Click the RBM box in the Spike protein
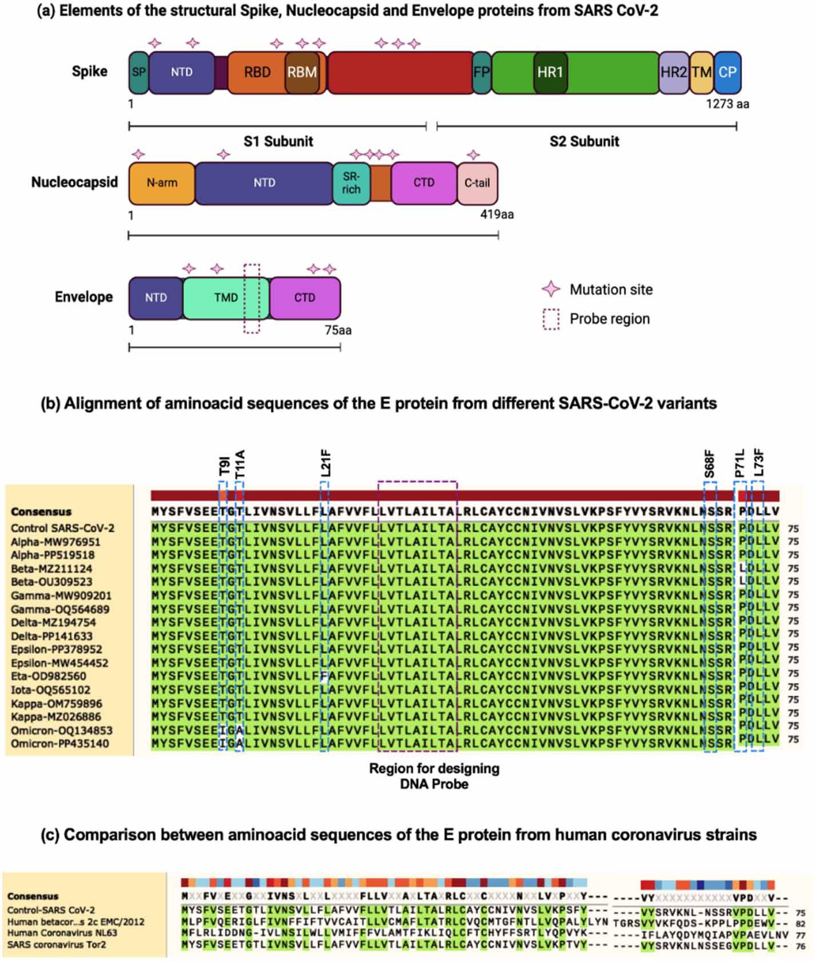pos(302,73)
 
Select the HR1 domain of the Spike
pos(550,73)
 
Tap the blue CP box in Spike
pos(727,73)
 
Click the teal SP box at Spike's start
pos(138,73)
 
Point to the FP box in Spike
pos(482,73)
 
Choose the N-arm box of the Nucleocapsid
pos(162,183)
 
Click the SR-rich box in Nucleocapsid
pos(351,183)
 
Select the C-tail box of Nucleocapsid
pos(477,183)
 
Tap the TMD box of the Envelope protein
pos(226,298)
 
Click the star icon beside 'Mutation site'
pos(551,289)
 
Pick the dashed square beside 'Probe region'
pos(551,319)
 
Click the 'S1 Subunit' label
pos(278,141)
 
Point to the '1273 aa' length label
pos(727,104)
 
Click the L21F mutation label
pos(325,463)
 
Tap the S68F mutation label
pos(709,463)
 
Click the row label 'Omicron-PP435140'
pos(59,744)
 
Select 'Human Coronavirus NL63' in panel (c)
pos(62,933)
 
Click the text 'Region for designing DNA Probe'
pos(434,776)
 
